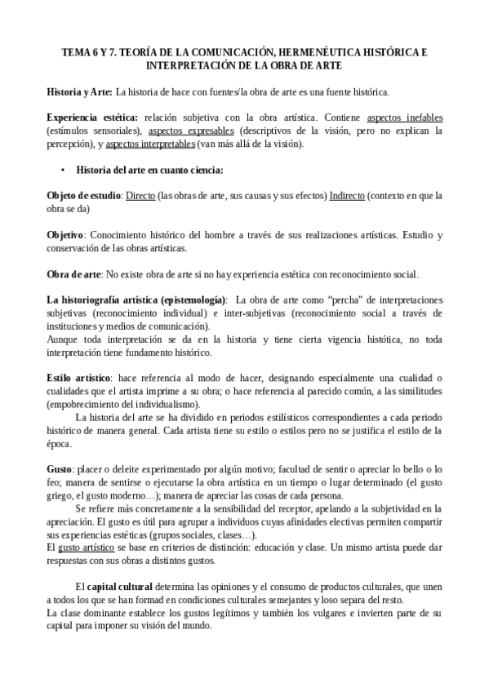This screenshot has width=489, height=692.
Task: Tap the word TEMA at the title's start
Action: pos(77,51)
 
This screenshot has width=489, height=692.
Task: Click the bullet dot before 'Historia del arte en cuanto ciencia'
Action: pos(63,170)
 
